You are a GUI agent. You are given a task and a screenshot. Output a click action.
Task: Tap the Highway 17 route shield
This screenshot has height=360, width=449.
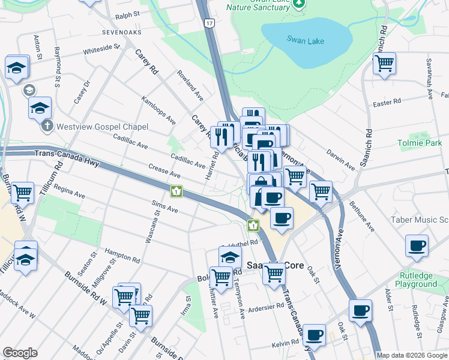pyautogui.click(x=208, y=23)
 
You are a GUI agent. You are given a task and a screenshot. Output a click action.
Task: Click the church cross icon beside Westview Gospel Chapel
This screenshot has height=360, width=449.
pyautogui.click(x=48, y=127)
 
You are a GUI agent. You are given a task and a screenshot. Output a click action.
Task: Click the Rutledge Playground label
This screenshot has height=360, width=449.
pyautogui.click(x=420, y=280)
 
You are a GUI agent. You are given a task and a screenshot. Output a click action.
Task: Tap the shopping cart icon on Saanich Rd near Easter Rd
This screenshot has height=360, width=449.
pyautogui.click(x=384, y=62)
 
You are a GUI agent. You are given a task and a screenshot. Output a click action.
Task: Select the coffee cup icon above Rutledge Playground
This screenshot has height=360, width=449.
pyautogui.click(x=417, y=245)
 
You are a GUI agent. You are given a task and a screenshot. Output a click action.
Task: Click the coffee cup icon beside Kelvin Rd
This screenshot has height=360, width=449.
pyautogui.click(x=314, y=335)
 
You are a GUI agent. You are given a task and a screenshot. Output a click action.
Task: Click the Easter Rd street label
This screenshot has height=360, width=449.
pyautogui.click(x=386, y=103)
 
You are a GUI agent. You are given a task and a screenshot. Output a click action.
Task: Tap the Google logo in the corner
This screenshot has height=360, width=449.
pyautogui.click(x=20, y=353)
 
